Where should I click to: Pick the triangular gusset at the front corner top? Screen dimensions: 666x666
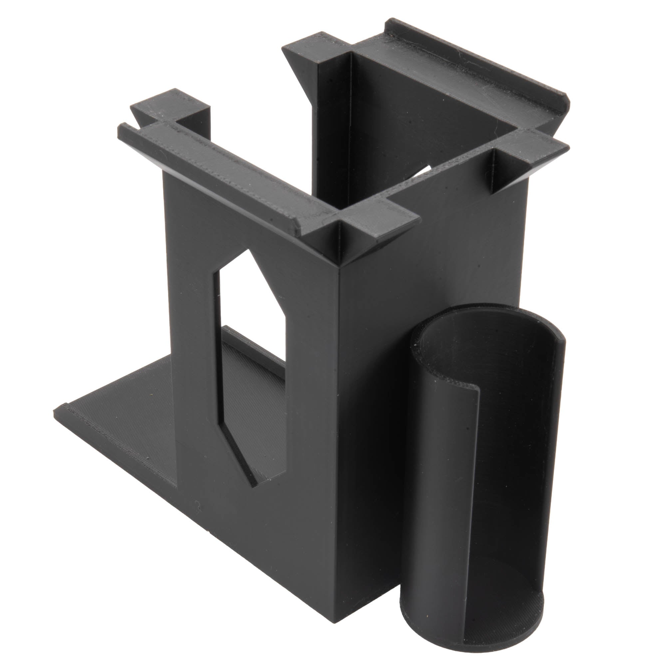click(340, 241)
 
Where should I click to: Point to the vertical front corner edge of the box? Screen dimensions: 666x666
click(340, 414)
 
